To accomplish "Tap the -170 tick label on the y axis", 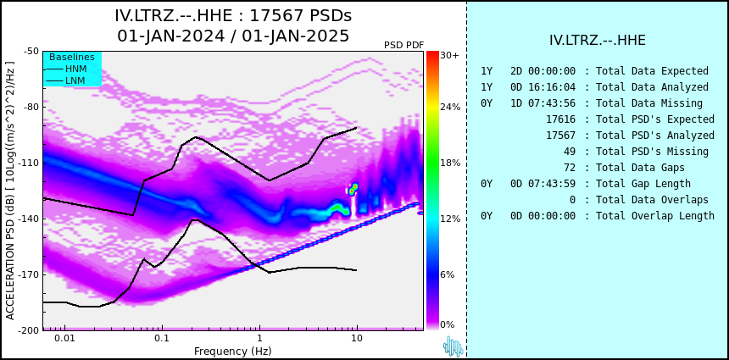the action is click(x=31, y=274).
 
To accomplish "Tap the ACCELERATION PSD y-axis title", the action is click(x=10, y=191).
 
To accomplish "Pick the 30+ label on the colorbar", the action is click(x=449, y=55).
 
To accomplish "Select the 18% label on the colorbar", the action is click(x=450, y=163).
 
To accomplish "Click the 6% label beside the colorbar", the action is click(x=448, y=274).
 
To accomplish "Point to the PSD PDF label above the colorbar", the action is click(x=404, y=45).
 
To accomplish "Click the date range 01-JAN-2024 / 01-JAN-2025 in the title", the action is click(x=233, y=36).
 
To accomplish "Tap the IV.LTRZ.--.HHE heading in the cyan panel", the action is click(x=598, y=41).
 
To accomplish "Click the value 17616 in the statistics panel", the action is click(x=560, y=119).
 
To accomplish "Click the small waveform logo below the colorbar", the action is click(x=454, y=346).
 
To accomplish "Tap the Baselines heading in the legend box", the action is click(x=72, y=57).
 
